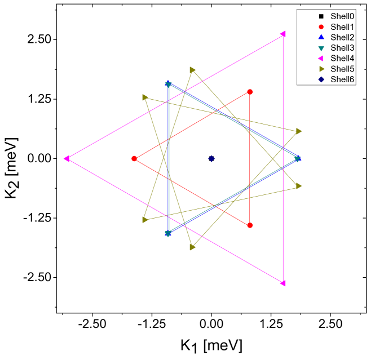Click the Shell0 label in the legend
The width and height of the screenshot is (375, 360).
[342, 16]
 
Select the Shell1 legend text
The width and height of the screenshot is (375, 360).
[342, 27]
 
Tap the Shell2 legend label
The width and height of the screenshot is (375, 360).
[342, 37]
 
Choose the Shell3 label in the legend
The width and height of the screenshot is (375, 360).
[342, 48]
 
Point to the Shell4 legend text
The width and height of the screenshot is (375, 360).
[342, 58]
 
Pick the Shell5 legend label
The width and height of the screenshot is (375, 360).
[342, 69]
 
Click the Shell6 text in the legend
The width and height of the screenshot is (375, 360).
[342, 79]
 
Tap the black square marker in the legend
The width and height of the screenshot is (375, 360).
[321, 16]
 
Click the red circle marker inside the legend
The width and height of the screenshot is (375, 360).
[321, 27]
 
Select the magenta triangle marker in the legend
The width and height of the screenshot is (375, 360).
[321, 58]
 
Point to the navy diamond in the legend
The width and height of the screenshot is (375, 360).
[321, 79]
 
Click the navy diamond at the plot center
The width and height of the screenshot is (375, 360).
[211, 159]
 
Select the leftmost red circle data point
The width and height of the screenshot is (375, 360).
[134, 159]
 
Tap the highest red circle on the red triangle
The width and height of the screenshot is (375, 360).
[250, 92]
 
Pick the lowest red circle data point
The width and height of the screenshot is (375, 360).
[250, 225]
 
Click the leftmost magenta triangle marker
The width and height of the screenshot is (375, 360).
[67, 159]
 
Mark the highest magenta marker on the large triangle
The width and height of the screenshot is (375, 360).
[283, 34]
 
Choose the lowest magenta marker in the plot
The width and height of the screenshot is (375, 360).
[283, 283]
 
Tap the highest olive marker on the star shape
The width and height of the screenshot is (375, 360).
[192, 70]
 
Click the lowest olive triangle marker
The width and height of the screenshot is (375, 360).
[192, 247]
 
